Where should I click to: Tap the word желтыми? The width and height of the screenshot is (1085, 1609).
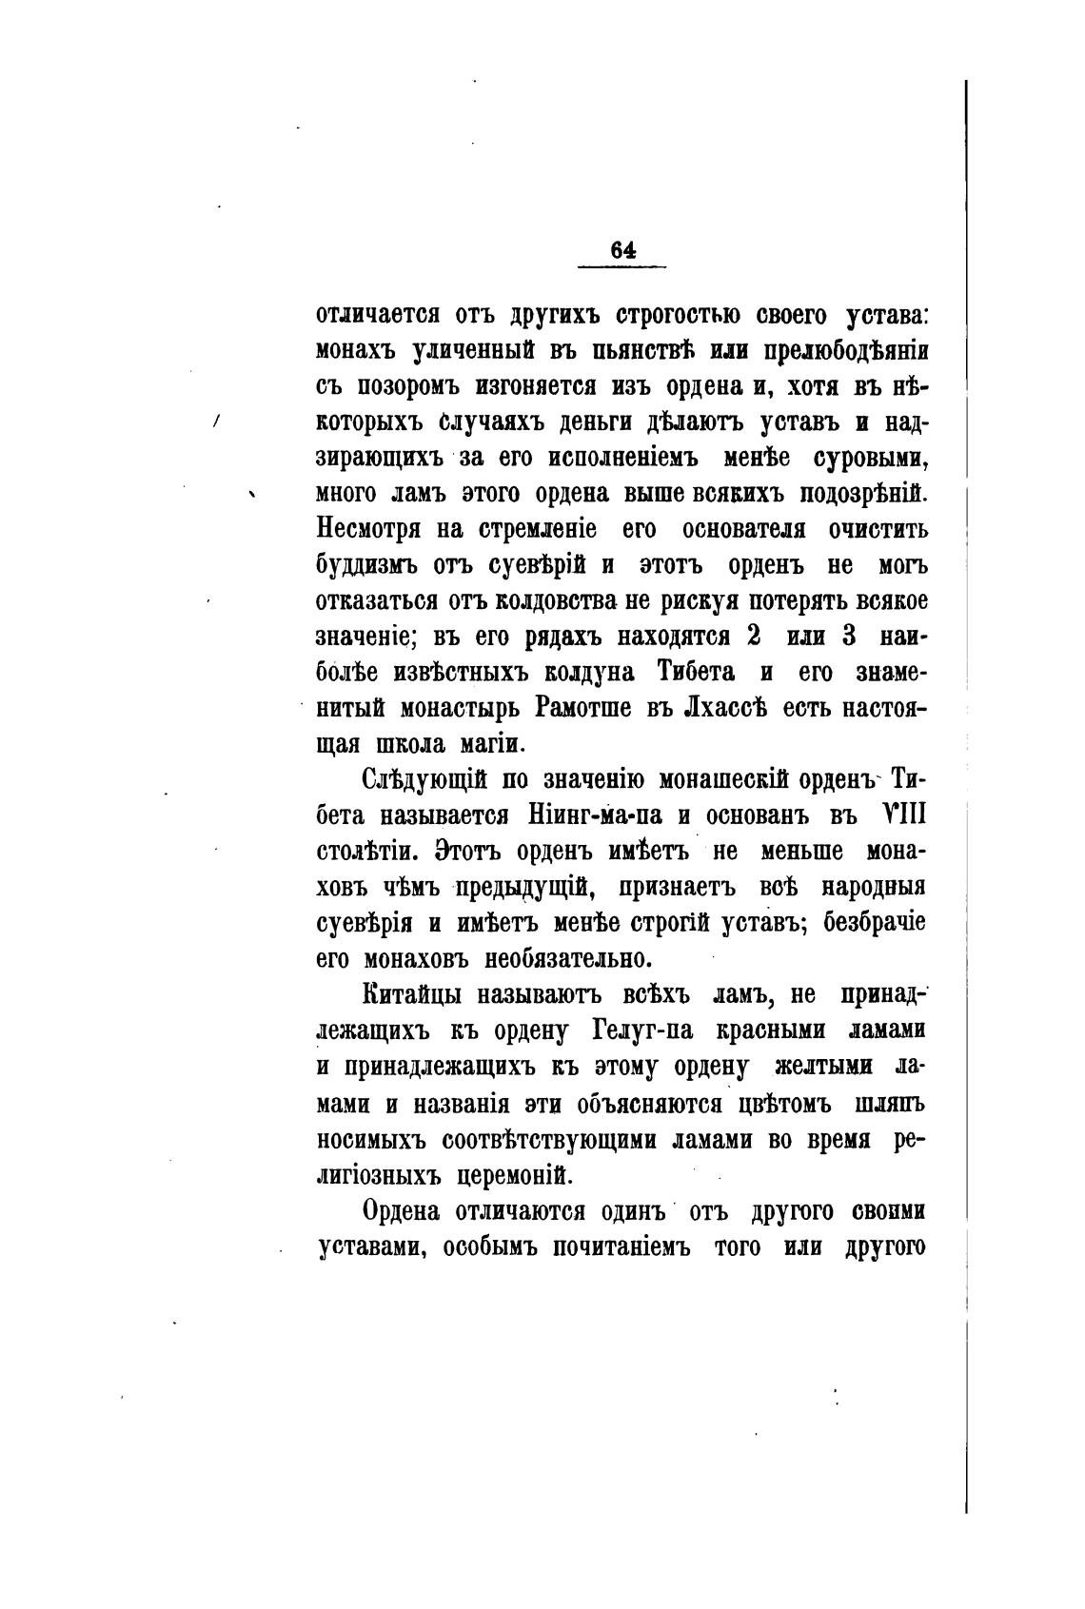[x=810, y=1067]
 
